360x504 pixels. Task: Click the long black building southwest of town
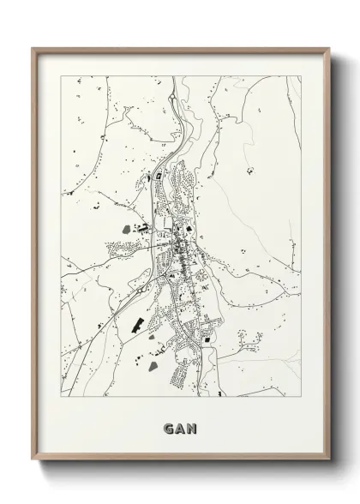[x=135, y=325]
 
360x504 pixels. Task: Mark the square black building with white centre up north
[x=159, y=177]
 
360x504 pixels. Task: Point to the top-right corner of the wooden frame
[x=327, y=48]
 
